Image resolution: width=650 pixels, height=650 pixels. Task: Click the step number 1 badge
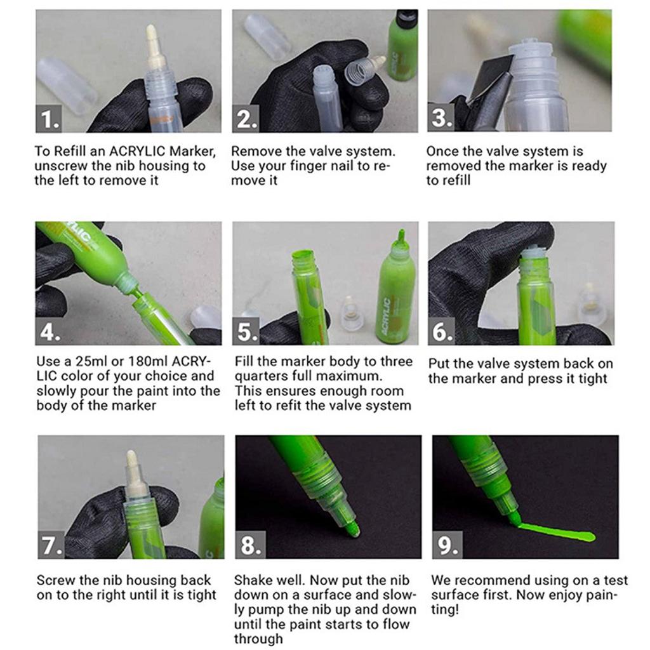tap(49, 119)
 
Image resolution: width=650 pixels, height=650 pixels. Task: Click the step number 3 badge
tap(442, 119)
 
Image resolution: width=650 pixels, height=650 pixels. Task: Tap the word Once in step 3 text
tap(442, 152)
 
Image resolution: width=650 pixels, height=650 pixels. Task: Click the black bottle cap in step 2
tap(406, 18)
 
